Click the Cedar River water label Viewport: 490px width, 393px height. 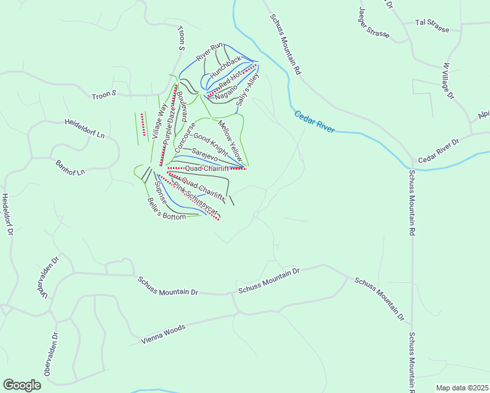[x=314, y=122]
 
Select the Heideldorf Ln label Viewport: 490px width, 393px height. [x=85, y=128]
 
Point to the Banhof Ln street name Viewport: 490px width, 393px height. [x=71, y=168]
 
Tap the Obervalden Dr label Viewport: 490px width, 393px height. [x=51, y=354]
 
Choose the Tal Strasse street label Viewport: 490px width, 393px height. [x=432, y=22]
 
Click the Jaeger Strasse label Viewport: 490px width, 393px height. [x=374, y=23]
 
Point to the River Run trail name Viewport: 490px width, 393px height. [x=210, y=52]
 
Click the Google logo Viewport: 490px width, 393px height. [x=22, y=385]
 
